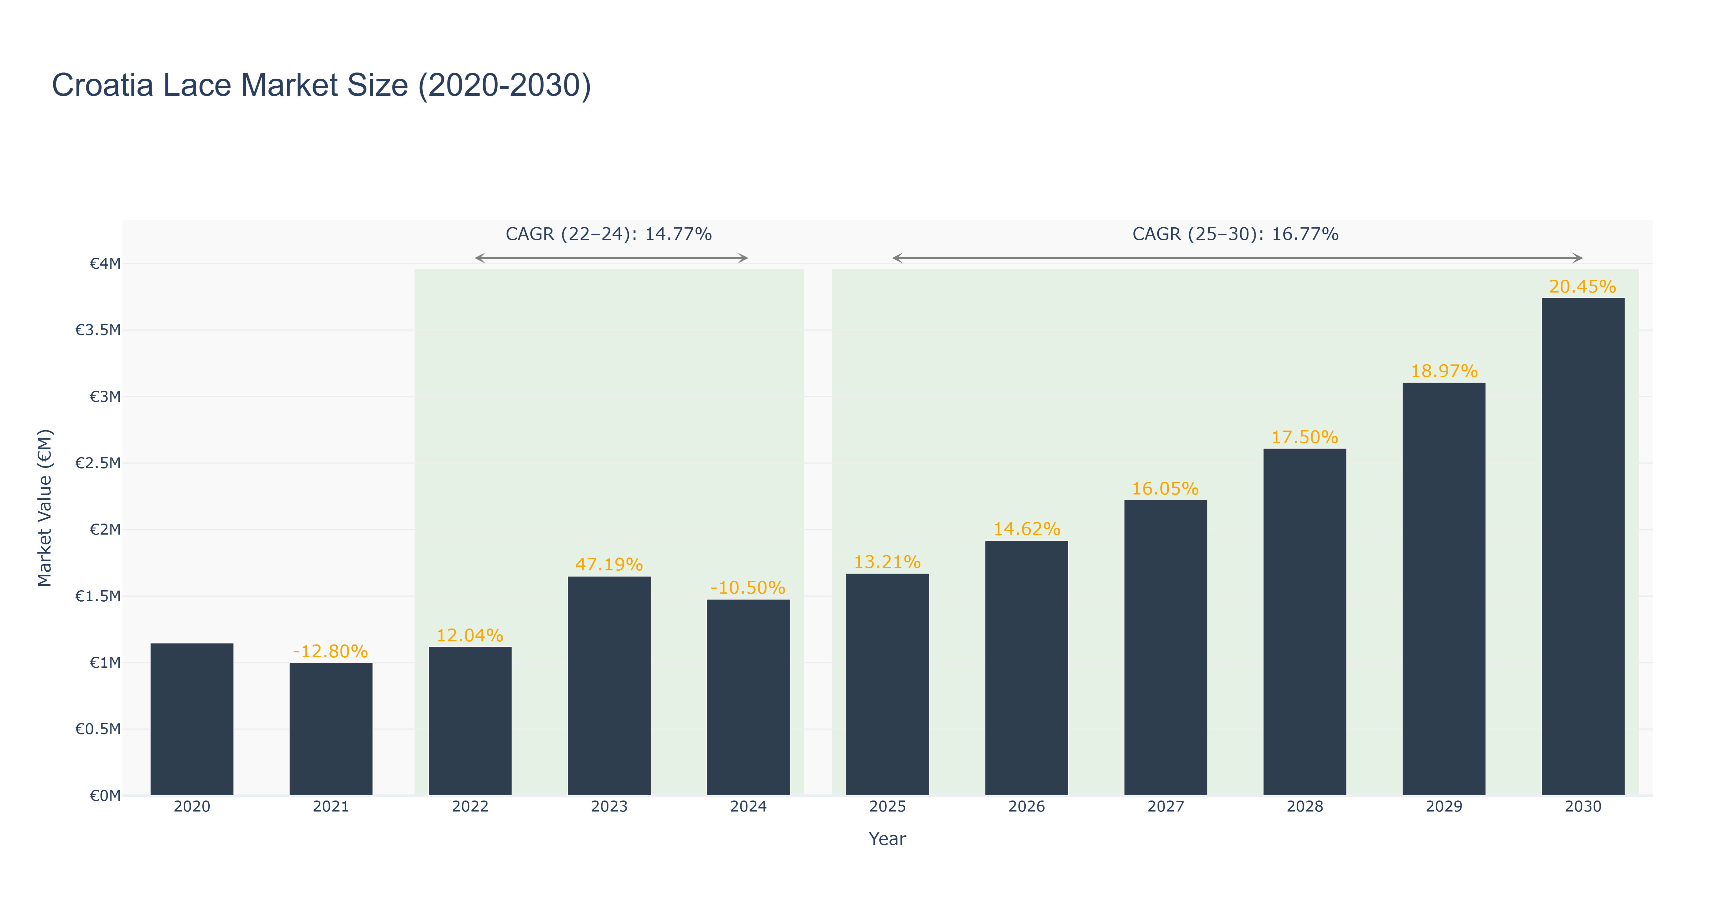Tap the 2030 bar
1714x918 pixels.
(1583, 547)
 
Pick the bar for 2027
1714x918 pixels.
(1166, 648)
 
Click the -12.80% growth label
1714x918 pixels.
(331, 651)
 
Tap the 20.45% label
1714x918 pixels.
(1583, 287)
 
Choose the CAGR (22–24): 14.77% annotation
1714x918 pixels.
(609, 234)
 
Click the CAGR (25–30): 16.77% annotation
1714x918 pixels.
(1236, 234)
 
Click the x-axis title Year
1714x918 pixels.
(888, 839)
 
